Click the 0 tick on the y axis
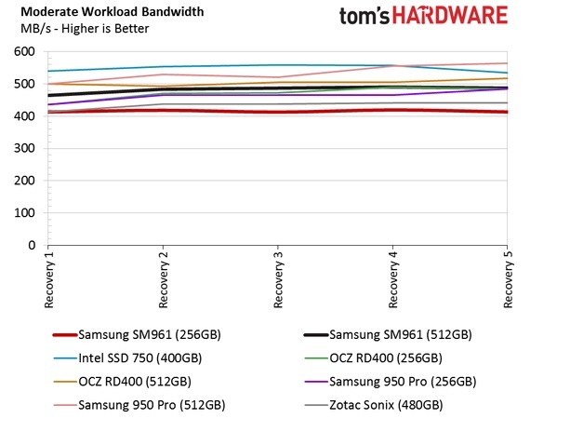coord(33,246)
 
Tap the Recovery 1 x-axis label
coord(48,278)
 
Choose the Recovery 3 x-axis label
coord(277,278)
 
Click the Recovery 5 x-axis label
coord(508,278)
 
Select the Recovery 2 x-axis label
coord(163,278)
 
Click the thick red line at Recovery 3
coord(277,112)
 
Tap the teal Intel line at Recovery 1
coord(48,71)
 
